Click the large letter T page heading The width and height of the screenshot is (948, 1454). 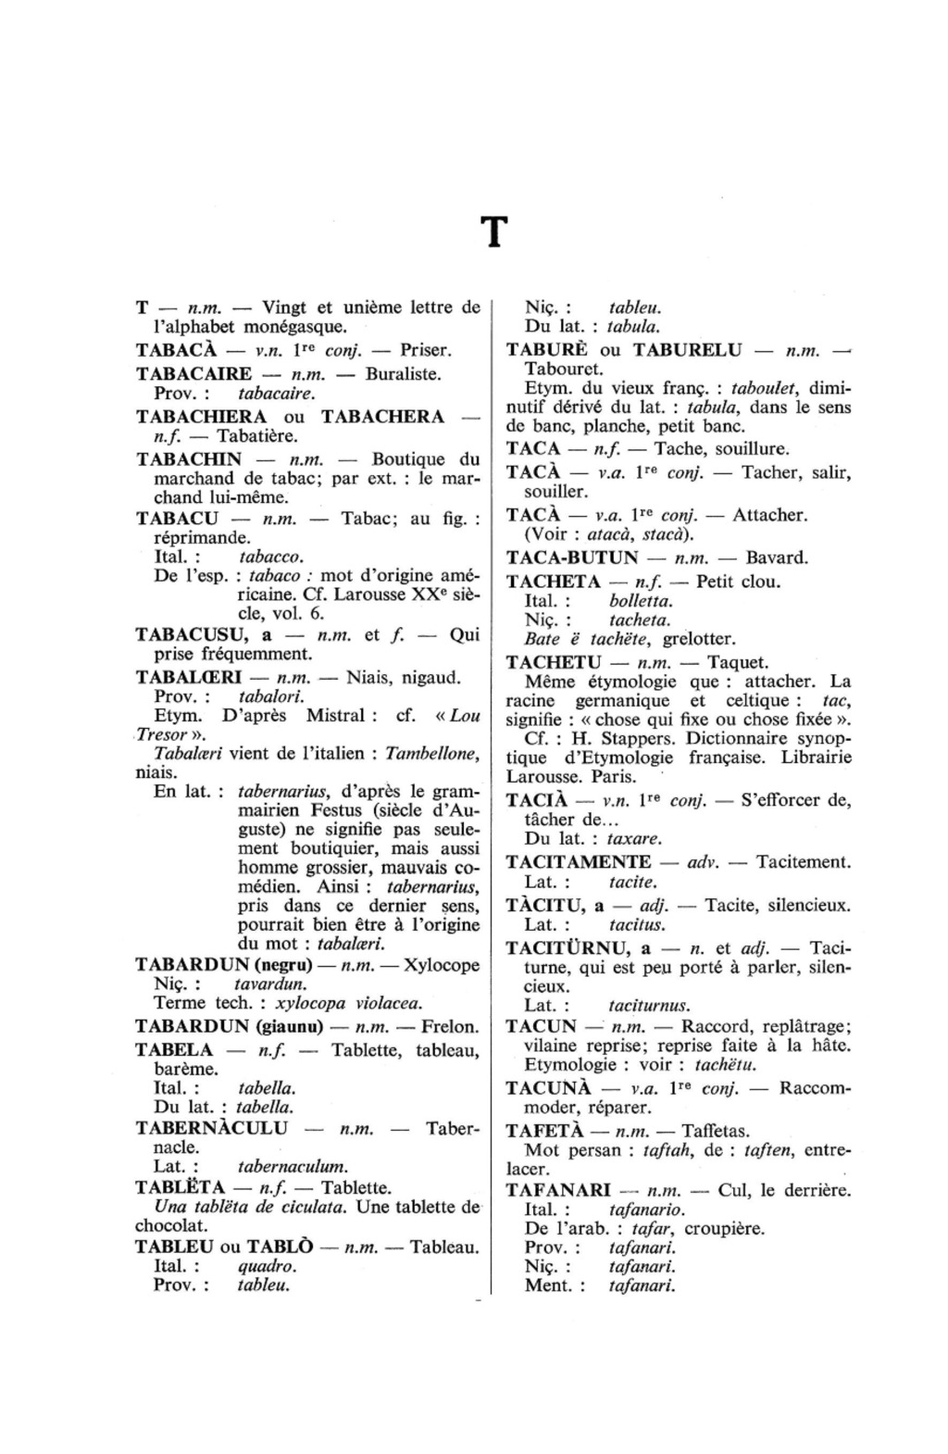pyautogui.click(x=495, y=233)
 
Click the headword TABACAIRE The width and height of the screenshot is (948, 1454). pyautogui.click(x=193, y=374)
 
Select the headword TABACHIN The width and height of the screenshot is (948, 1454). pyautogui.click(x=189, y=459)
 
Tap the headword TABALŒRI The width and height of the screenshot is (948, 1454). pyautogui.click(x=188, y=677)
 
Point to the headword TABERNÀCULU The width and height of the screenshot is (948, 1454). pyautogui.click(x=211, y=1128)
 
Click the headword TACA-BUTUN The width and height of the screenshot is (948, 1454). pyautogui.click(x=572, y=558)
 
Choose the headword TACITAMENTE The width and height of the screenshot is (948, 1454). pyautogui.click(x=579, y=862)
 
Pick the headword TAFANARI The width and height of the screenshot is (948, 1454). pyautogui.click(x=558, y=1190)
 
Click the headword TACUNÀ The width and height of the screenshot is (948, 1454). pyautogui.click(x=545, y=1088)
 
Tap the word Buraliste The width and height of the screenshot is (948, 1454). pyautogui.click(x=404, y=374)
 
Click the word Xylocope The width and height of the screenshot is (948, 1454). pyautogui.click(x=443, y=965)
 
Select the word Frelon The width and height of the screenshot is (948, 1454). pyautogui.click(x=450, y=1026)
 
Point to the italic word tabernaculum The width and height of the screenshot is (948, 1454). pyautogui.click(x=293, y=1167)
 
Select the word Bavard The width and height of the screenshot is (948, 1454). pyautogui.click(x=777, y=558)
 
